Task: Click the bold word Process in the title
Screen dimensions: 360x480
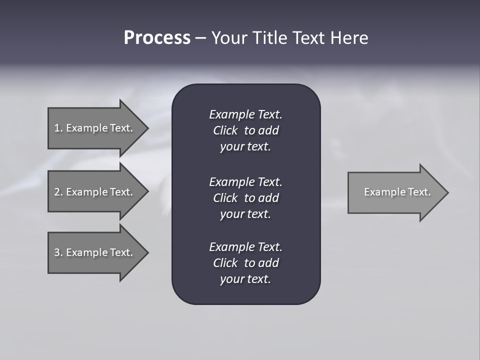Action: coord(157,38)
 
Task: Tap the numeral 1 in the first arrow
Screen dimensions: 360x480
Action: coord(57,128)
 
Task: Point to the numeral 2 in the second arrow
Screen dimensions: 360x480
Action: coord(57,192)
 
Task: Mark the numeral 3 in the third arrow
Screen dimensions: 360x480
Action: coord(57,252)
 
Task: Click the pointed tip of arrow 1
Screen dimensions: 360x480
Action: coord(146,128)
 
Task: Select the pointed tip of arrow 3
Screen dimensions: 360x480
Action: coord(146,252)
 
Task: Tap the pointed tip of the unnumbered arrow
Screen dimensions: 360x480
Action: coord(446,192)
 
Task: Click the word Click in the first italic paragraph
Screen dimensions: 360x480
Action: coord(225,130)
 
